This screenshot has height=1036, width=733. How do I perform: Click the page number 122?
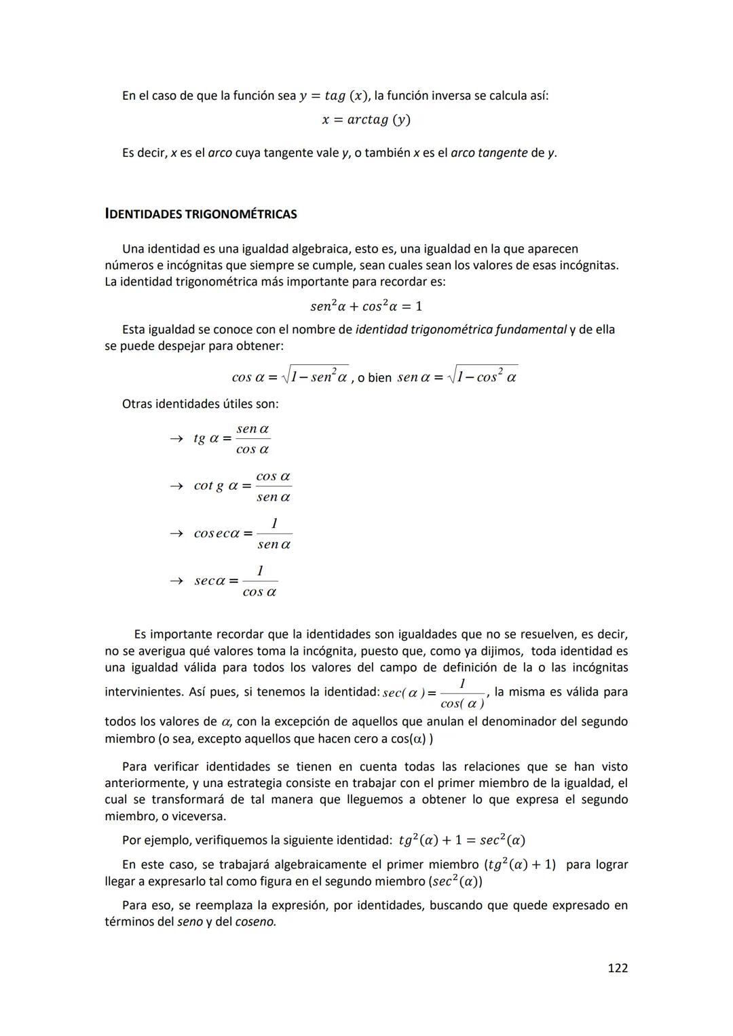tap(617, 967)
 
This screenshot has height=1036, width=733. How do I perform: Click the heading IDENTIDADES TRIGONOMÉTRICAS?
tap(201, 214)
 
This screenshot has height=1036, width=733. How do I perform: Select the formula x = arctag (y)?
tap(366, 120)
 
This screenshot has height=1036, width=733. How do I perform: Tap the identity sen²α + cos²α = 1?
tap(366, 306)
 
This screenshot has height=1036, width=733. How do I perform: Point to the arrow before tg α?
tap(176, 439)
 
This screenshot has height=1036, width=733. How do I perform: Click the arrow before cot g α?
tap(176, 486)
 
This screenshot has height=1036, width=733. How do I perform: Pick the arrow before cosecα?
tap(176, 534)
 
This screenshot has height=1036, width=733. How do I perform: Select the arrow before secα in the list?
tap(176, 581)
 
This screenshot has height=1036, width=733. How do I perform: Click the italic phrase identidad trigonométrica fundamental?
tap(461, 330)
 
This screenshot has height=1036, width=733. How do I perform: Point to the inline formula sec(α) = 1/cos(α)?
tap(434, 693)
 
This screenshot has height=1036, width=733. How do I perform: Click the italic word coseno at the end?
tap(255, 922)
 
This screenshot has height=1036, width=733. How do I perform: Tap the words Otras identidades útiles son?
tap(200, 404)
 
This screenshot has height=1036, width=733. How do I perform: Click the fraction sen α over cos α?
tap(252, 439)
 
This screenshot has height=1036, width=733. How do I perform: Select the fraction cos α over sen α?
tap(274, 486)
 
